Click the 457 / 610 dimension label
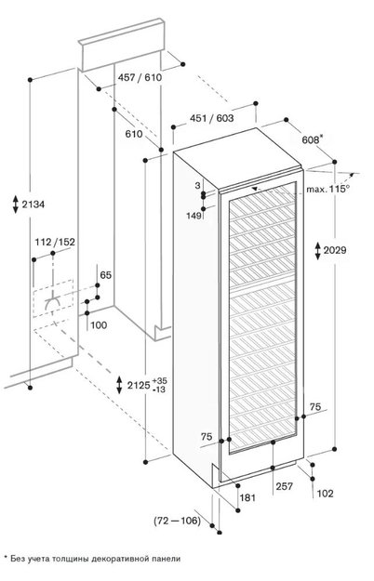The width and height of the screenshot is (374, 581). [x=140, y=77]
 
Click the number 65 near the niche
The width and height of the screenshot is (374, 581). [x=105, y=275]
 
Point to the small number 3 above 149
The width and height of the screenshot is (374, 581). [x=199, y=187]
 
